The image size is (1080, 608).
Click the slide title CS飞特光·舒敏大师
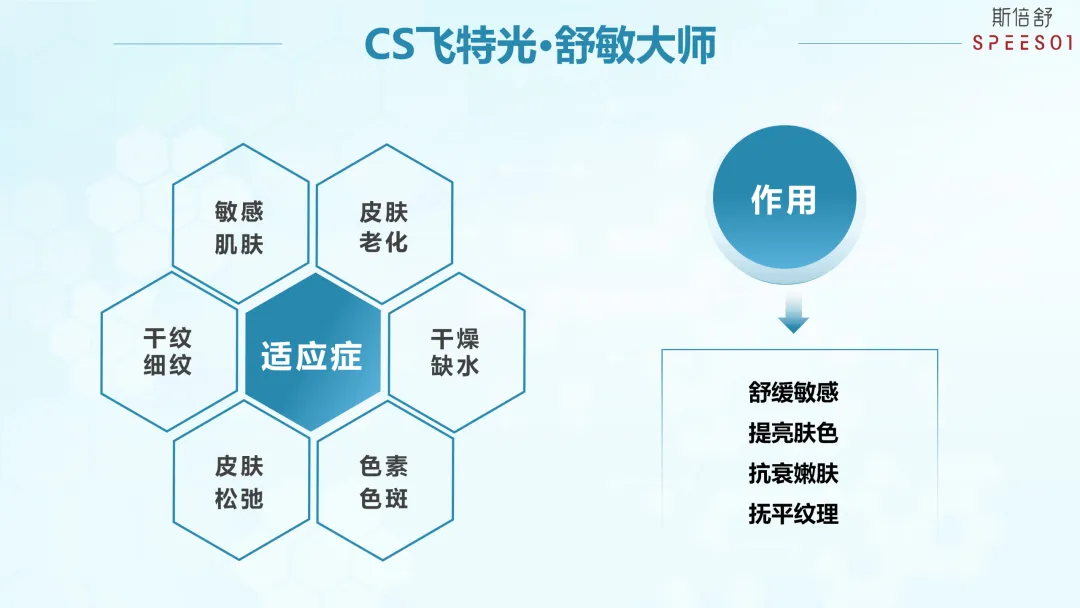(539, 44)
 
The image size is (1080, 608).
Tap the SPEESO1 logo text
(1023, 43)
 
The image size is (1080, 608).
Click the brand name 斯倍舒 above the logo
(1023, 17)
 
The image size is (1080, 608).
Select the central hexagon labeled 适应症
(312, 356)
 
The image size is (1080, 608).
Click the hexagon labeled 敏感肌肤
(240, 226)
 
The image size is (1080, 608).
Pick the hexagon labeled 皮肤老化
(385, 226)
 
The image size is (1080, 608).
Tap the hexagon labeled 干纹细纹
(168, 352)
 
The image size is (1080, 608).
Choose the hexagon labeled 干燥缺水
(456, 352)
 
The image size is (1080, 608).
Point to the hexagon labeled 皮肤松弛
(240, 481)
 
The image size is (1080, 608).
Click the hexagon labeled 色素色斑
(385, 481)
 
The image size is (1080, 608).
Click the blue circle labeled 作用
(784, 200)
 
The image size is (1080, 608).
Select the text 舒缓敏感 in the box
(793, 391)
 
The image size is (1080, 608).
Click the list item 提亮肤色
(793, 433)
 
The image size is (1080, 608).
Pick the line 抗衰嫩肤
(793, 473)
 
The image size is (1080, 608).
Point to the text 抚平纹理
(793, 514)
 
